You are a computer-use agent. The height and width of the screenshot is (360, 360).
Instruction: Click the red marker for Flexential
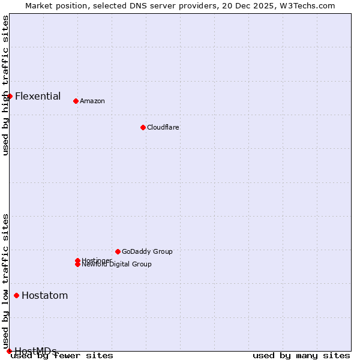pyautogui.click(x=10, y=96)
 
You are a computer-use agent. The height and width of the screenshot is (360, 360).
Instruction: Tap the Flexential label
pyautogui.click(x=38, y=96)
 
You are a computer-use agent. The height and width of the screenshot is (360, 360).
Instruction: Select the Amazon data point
pyautogui.click(x=76, y=101)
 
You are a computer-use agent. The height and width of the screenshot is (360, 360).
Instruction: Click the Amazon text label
pyautogui.click(x=92, y=101)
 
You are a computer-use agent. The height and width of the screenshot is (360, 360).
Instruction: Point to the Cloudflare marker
pyautogui.click(x=143, y=127)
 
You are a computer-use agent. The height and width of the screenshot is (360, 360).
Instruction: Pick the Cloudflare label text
pyautogui.click(x=163, y=127)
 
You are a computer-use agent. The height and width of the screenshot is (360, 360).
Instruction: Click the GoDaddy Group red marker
pyautogui.click(x=118, y=251)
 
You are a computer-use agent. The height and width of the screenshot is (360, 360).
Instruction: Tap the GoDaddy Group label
pyautogui.click(x=147, y=251)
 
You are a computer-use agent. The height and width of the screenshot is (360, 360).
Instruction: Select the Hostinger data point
pyautogui.click(x=77, y=260)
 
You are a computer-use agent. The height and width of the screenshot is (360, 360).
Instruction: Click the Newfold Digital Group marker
pyautogui.click(x=77, y=265)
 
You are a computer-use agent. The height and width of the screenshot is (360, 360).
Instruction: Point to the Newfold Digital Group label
pyautogui.click(x=117, y=265)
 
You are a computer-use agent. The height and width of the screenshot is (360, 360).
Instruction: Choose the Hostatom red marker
pyautogui.click(x=16, y=295)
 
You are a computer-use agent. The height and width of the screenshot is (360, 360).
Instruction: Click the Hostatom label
pyautogui.click(x=45, y=295)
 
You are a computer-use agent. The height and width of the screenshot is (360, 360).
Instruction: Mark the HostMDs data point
pyautogui.click(x=9, y=351)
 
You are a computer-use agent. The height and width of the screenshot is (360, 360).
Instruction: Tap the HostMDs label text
pyautogui.click(x=36, y=351)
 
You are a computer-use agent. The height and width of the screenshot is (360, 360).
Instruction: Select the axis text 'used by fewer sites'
pyautogui.click(x=62, y=356)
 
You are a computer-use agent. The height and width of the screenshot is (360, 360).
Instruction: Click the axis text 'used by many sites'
pyautogui.click(x=301, y=356)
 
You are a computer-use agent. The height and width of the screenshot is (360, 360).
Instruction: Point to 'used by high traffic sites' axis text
pyautogui.click(x=6, y=85)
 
